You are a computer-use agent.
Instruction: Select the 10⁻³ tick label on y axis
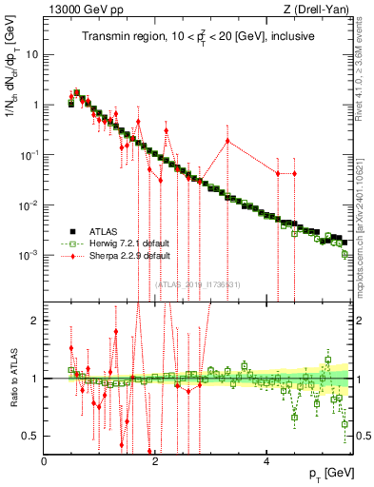pos(30,255)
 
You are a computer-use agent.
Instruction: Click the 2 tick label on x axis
pos(156,460)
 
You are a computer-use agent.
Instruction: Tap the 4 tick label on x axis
pos(267,460)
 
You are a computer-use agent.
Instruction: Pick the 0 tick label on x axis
pos(45,460)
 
